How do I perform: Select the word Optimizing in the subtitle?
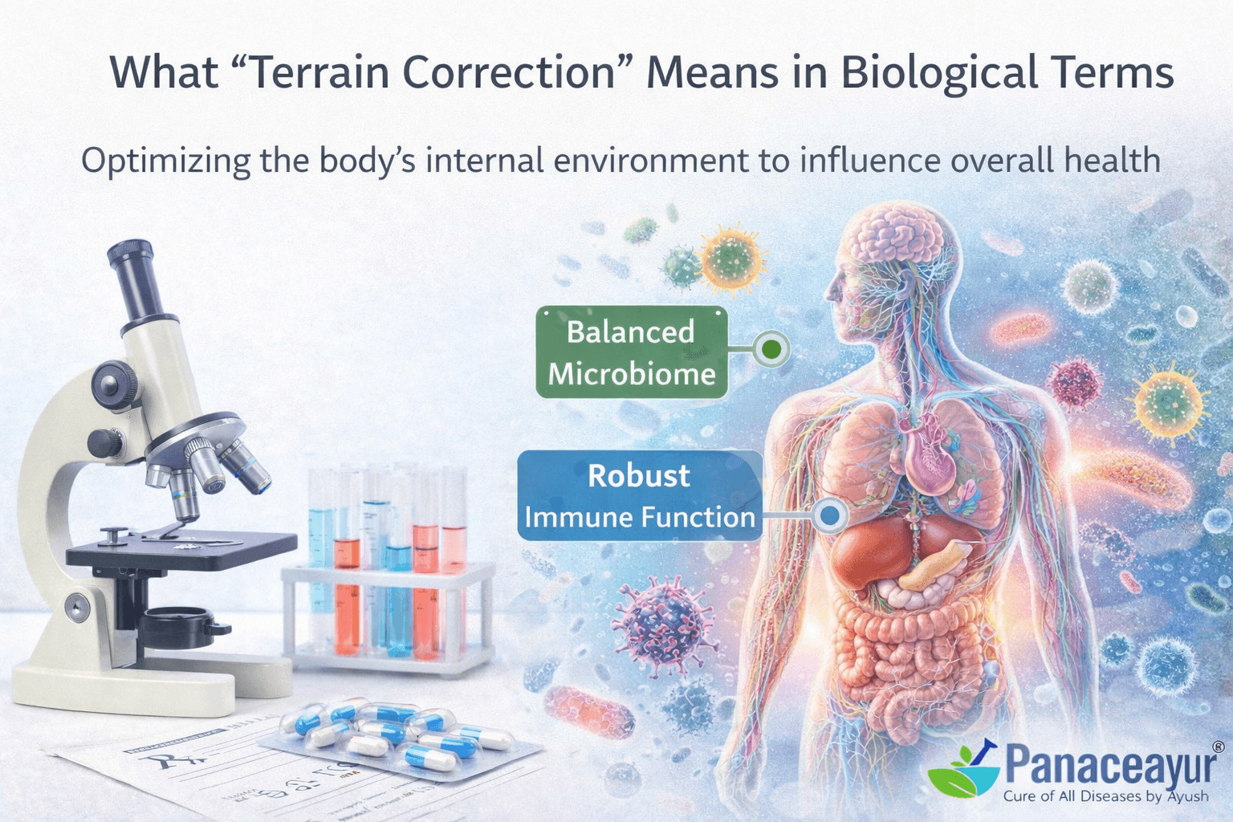(x=165, y=160)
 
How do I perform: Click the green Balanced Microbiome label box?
(x=631, y=352)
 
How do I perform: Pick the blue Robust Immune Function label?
(x=639, y=495)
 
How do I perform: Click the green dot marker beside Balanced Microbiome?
(x=771, y=349)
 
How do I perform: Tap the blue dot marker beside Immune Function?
(x=831, y=515)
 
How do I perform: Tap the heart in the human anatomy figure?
(x=931, y=458)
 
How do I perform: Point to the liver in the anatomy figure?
(x=871, y=554)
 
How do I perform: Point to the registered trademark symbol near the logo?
(x=1218, y=747)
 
